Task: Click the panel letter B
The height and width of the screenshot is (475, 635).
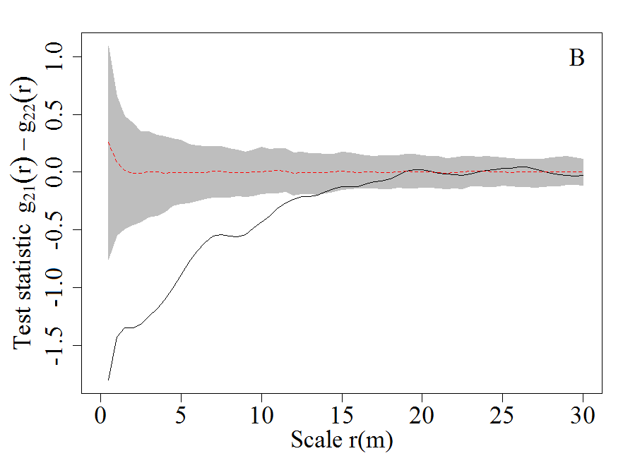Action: click(x=576, y=59)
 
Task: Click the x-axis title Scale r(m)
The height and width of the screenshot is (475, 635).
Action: click(x=342, y=440)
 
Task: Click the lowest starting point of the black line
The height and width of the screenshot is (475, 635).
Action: click(x=108, y=380)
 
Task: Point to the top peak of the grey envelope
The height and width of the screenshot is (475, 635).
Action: click(x=108, y=46)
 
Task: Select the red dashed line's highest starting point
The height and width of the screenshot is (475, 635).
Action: click(x=108, y=142)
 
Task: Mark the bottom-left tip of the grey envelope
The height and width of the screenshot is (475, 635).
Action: click(x=108, y=260)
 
